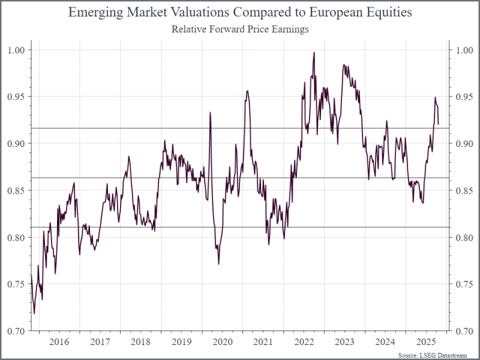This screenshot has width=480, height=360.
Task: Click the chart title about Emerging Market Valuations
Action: click(x=240, y=13)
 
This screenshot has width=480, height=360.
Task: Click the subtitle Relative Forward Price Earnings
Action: click(x=240, y=29)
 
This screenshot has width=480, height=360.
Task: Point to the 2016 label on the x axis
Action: click(x=59, y=341)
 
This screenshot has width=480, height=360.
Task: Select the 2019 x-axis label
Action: click(x=181, y=341)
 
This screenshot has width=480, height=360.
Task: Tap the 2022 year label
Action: click(x=304, y=341)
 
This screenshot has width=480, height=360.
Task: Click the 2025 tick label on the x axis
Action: click(x=425, y=341)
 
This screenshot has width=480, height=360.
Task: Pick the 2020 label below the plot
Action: click(x=222, y=341)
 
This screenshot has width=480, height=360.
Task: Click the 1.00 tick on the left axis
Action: click(x=18, y=49)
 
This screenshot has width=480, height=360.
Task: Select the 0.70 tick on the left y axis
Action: click(x=18, y=331)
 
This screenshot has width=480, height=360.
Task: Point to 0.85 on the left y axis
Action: click(x=18, y=190)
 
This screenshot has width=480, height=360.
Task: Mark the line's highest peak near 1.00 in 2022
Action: click(x=314, y=53)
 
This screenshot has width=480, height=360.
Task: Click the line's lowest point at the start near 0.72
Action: click(x=34, y=313)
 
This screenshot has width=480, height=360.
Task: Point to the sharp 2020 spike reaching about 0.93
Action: click(x=210, y=112)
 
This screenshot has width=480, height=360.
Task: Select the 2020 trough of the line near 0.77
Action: click(x=218, y=263)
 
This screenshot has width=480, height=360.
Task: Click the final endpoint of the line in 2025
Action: click(x=439, y=124)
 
